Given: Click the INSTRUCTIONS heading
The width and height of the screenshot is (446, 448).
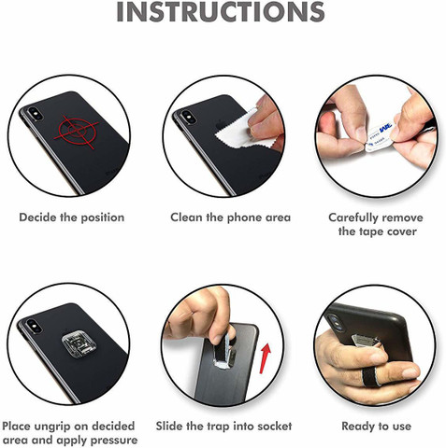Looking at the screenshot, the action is (x=221, y=12).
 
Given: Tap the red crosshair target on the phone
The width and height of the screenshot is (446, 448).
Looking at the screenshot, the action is (x=77, y=132).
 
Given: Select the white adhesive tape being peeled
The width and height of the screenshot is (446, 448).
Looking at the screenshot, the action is (x=379, y=136).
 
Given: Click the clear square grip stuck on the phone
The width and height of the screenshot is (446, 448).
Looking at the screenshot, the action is (x=79, y=347).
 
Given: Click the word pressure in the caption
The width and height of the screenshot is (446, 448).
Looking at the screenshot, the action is (x=114, y=441).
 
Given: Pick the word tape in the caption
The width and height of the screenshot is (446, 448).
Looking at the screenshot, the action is (x=371, y=232).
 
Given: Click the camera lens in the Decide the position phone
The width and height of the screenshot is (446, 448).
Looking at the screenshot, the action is (x=33, y=113).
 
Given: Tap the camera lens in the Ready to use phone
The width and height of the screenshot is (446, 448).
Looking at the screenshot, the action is (x=333, y=320).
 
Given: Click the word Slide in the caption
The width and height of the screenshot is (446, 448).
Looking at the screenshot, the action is (x=169, y=426).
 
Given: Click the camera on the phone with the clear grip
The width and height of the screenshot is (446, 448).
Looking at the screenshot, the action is (x=32, y=325).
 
